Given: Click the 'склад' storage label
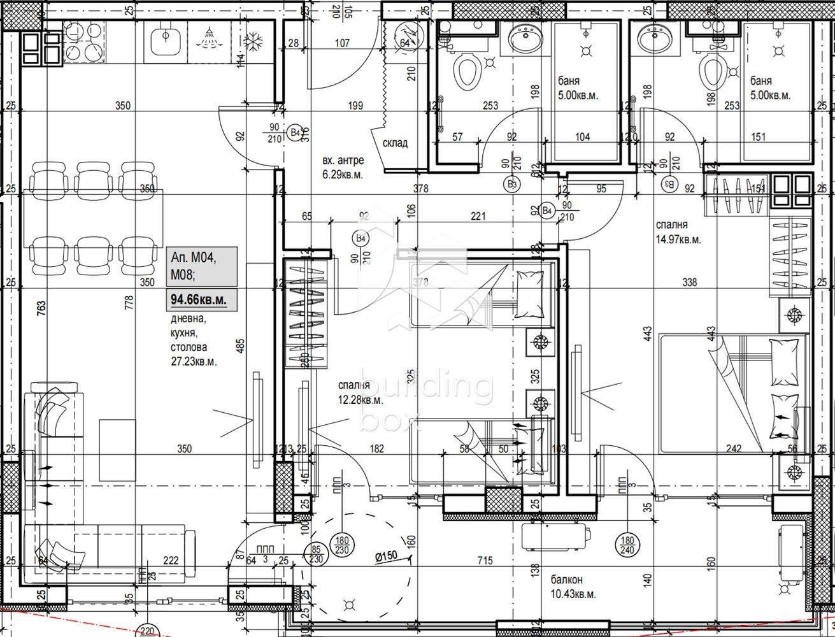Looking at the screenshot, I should [395, 143].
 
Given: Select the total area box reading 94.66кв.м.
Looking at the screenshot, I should [199, 298].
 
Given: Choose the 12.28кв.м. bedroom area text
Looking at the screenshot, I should [360, 400].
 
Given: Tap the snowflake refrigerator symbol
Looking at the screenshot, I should [255, 39].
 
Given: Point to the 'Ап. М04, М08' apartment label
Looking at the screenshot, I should [194, 266].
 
